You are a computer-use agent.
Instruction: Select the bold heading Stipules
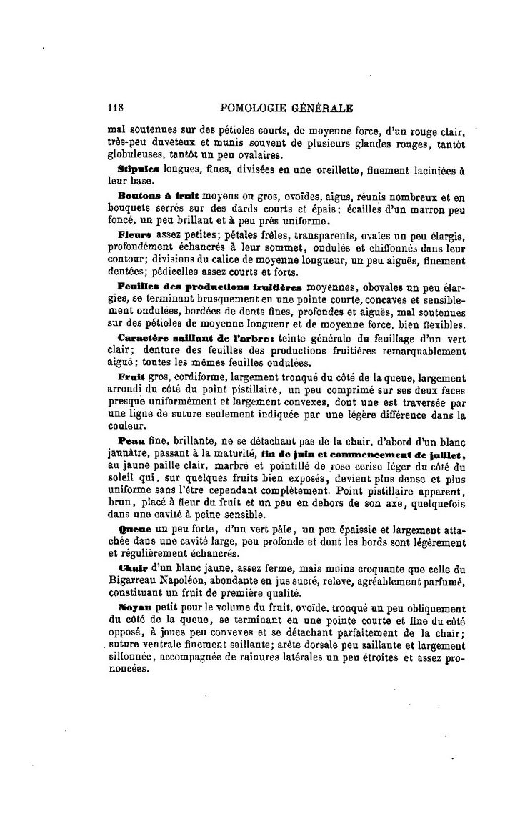(x=139, y=170)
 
